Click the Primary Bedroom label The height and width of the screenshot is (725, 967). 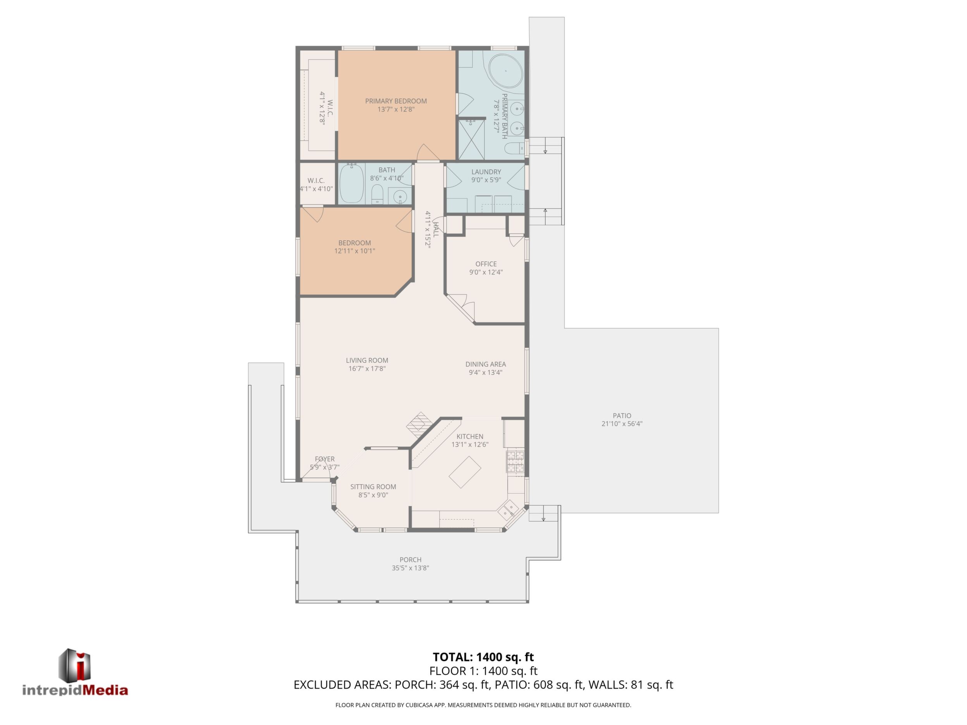coord(396,101)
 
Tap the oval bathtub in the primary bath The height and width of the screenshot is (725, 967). coord(506,71)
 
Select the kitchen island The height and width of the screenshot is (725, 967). coord(465,472)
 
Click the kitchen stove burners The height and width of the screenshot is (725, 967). coord(515,462)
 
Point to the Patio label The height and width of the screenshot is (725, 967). coord(622,416)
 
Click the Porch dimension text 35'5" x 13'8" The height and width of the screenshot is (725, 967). coord(411,568)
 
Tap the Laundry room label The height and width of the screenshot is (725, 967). coord(486,172)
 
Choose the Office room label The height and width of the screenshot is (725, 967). coord(486,264)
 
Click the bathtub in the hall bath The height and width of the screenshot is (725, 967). coord(351,184)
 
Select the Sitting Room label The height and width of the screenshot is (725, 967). coord(373,487)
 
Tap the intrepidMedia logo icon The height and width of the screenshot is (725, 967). coord(75,665)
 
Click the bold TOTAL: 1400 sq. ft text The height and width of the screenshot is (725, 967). coord(483,657)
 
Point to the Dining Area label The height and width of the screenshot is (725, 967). coord(486,364)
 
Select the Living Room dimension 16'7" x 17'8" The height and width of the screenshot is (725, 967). coord(367,369)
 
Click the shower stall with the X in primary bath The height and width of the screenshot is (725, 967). coord(471,139)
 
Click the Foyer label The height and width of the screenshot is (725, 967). coord(325,459)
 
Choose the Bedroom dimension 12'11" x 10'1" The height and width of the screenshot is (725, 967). coord(354,251)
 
